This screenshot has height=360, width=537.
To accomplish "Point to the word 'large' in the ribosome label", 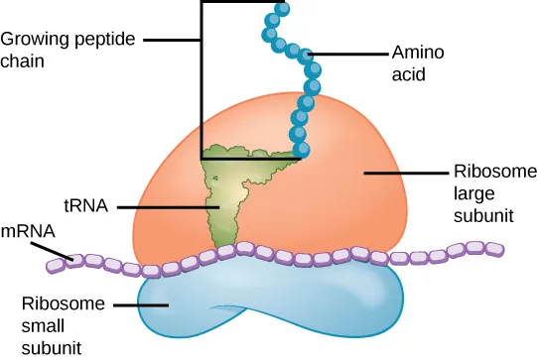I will click(471, 191).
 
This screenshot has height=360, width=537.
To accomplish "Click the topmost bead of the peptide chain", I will click(283, 9).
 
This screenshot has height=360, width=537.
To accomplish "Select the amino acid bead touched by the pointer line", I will click(309, 55).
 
